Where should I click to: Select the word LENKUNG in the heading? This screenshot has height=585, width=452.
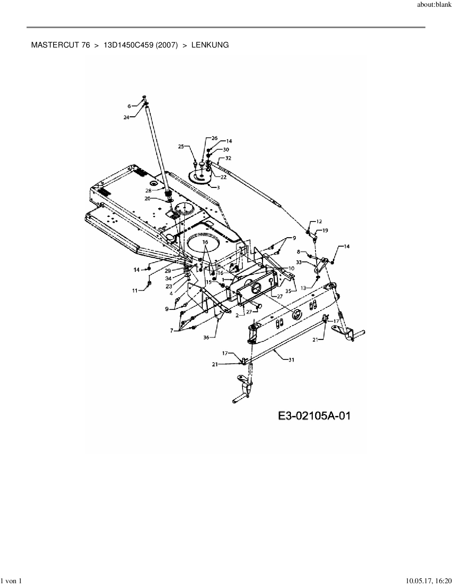[210, 45]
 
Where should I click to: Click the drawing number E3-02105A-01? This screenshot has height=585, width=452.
[314, 416]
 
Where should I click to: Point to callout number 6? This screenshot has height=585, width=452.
[129, 106]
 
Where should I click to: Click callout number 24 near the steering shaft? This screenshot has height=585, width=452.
[127, 118]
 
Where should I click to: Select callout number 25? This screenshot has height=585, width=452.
[181, 146]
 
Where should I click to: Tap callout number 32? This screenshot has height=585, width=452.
[228, 158]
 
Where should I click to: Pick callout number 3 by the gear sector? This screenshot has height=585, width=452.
[218, 187]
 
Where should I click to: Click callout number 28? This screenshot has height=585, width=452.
[149, 190]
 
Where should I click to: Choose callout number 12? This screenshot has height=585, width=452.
[319, 222]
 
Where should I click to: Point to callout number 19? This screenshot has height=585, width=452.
[325, 230]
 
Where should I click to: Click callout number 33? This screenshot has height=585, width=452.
[299, 262]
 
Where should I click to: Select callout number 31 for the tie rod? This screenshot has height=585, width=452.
[291, 360]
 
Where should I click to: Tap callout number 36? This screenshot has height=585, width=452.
[206, 338]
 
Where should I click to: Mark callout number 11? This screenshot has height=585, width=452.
[135, 291]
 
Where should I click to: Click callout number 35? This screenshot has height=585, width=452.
[288, 291]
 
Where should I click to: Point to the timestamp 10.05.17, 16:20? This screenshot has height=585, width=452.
[428, 581]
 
